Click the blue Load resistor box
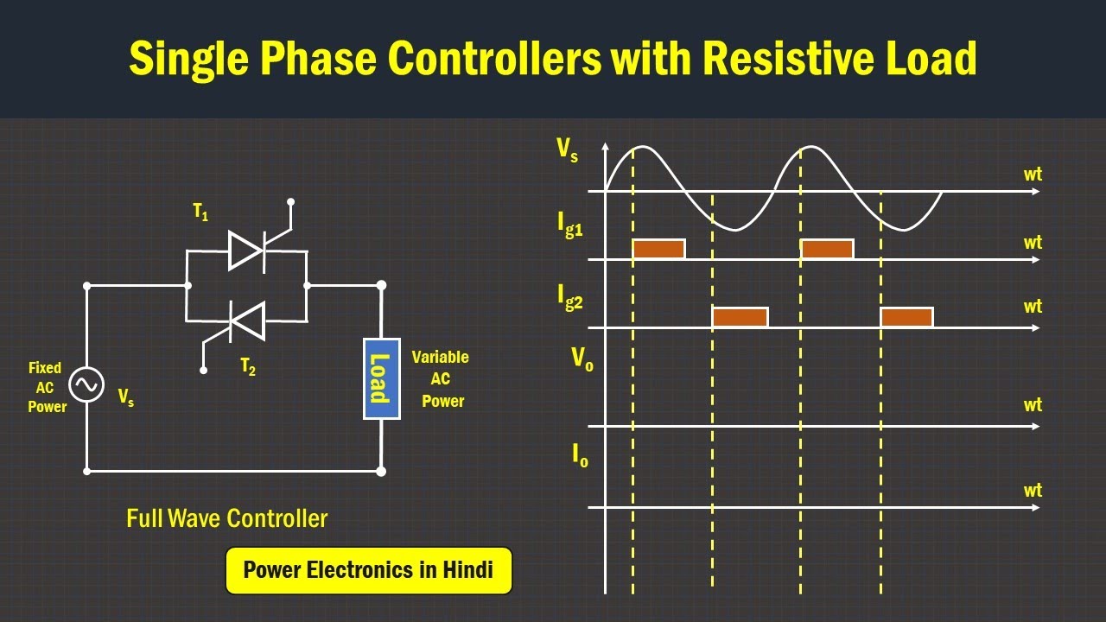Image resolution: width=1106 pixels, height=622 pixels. coord(381,378)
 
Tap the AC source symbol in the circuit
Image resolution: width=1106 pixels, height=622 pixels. coord(86,384)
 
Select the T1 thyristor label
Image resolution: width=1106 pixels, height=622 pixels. coord(200,213)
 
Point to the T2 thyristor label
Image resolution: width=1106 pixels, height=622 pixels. coord(248,366)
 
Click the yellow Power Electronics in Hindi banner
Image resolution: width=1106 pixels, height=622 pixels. coord(368,570)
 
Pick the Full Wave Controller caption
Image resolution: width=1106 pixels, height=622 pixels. coord(226,518)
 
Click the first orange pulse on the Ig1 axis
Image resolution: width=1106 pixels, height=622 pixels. coord(658,249)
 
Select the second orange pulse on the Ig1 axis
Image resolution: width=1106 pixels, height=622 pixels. coord(827,249)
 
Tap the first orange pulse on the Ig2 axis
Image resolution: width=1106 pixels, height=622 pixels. coord(740,317)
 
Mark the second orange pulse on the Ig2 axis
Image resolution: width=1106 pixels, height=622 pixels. coord(906,317)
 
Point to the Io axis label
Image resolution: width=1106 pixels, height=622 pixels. coord(580,455)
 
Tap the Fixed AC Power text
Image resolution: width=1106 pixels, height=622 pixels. coord(46,387)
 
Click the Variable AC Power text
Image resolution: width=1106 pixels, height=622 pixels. coord(441,378)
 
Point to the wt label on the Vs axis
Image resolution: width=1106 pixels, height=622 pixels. coord(1033,175)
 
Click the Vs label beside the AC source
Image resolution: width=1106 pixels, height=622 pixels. coord(126,397)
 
